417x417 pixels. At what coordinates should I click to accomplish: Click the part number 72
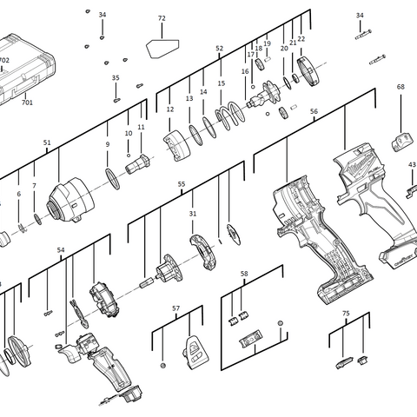162,18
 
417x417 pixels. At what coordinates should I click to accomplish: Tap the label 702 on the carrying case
4,61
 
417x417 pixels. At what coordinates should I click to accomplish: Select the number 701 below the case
27,103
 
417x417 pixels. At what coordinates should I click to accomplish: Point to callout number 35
116,79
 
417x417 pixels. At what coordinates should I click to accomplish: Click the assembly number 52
219,49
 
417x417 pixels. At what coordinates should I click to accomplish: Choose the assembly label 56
314,112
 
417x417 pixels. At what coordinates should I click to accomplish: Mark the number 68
400,87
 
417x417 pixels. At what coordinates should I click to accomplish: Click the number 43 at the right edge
412,164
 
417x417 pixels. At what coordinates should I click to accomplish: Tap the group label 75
346,313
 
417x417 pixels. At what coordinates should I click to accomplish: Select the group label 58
244,274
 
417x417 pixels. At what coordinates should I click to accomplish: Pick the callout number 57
175,308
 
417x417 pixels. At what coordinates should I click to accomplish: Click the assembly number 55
182,184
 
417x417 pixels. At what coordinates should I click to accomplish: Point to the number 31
193,214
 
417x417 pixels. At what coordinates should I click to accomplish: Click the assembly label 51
47,142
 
